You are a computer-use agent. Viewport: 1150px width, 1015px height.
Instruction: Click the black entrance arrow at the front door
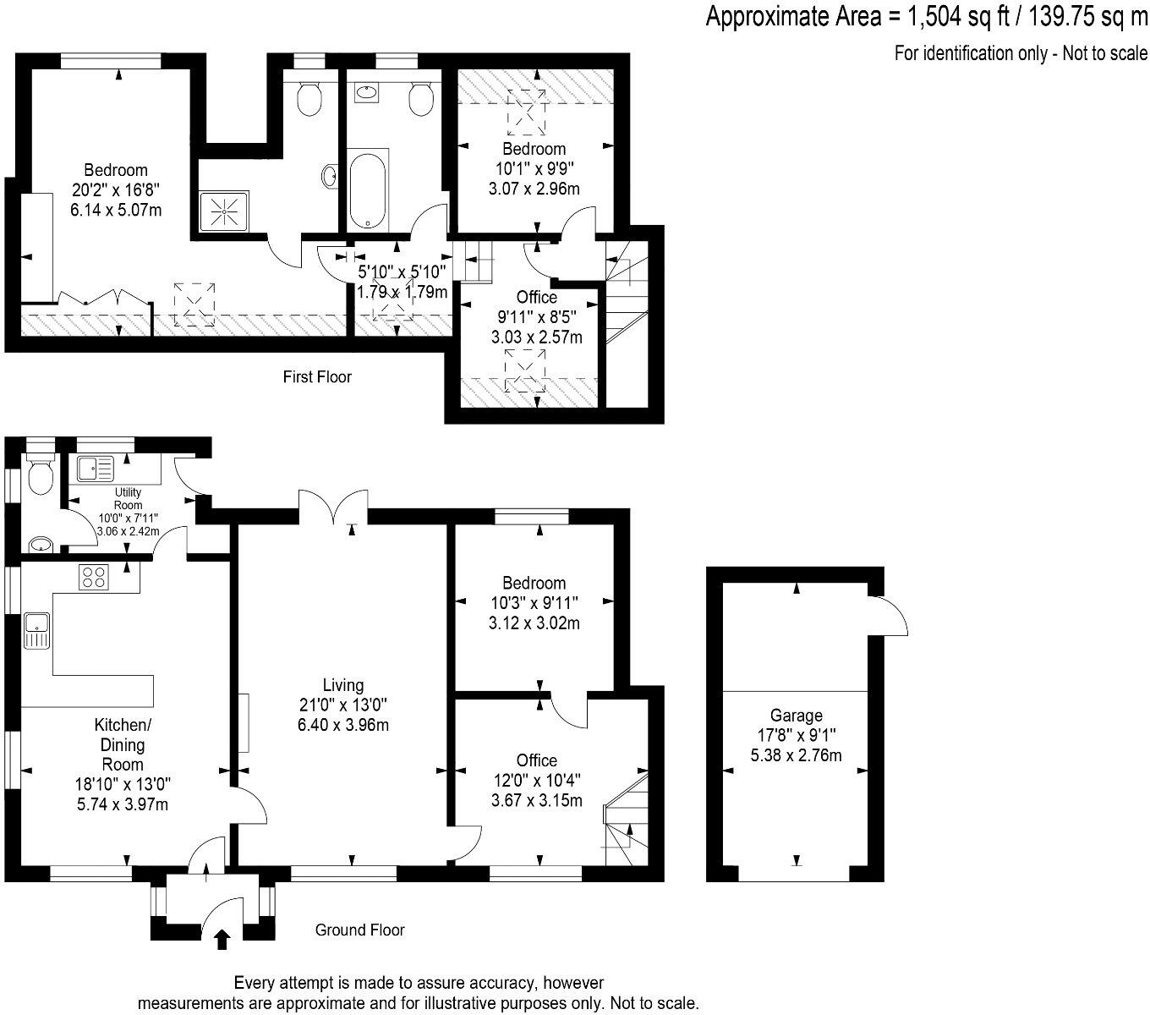[222, 940]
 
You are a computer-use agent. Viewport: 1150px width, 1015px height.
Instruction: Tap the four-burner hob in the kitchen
[94, 578]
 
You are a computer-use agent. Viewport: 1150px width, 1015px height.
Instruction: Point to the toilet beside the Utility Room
[39, 477]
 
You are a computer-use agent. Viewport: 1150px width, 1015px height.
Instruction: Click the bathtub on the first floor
[369, 190]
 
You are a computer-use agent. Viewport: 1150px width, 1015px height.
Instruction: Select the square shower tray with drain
[224, 210]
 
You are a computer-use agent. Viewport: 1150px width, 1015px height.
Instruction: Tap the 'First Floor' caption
[317, 377]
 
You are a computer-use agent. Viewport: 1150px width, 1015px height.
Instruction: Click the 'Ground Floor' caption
[359, 930]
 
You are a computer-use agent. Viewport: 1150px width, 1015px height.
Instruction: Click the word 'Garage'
[796, 716]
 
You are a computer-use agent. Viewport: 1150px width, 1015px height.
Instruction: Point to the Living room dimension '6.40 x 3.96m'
[342, 725]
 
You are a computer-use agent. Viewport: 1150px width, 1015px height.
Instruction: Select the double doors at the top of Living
[333, 507]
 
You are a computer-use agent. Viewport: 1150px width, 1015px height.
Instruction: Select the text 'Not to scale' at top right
[1105, 53]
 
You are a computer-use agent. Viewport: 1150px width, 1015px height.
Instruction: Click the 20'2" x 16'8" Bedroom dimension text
[115, 190]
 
